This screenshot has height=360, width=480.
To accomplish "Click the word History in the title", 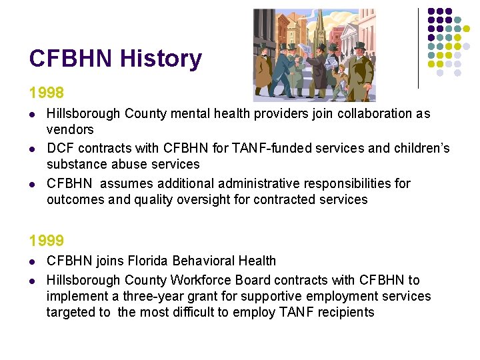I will (x=161, y=59).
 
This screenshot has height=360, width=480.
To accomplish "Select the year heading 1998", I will (x=47, y=93).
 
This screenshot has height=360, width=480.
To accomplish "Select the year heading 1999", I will (x=47, y=240).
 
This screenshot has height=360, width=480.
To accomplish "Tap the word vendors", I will (x=70, y=129).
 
